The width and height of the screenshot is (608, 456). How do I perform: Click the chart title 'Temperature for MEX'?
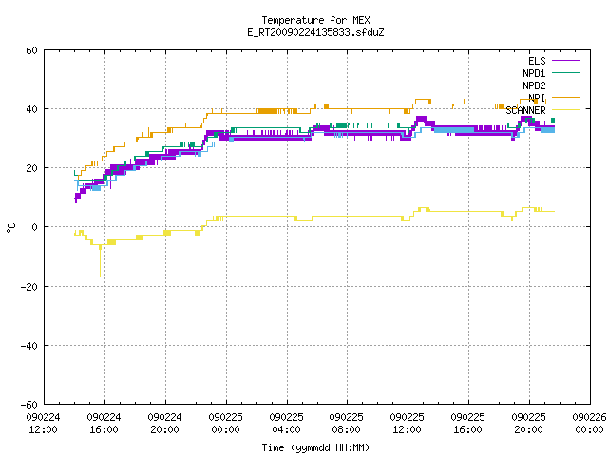pyautogui.click(x=315, y=20)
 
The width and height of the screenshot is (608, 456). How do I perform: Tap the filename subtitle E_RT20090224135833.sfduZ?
pyautogui.click(x=315, y=32)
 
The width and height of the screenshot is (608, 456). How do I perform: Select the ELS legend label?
pyautogui.click(x=537, y=61)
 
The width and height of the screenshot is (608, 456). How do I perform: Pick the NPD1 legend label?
pyautogui.click(x=534, y=73)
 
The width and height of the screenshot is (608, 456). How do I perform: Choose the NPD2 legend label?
pyautogui.click(x=534, y=85)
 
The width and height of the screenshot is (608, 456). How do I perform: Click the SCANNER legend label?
pyautogui.click(x=525, y=110)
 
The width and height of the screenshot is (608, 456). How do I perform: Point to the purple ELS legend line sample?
pyautogui.click(x=566, y=61)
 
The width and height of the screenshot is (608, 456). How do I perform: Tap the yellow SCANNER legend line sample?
pyautogui.click(x=566, y=110)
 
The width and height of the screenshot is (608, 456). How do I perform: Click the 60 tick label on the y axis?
pyautogui.click(x=31, y=50)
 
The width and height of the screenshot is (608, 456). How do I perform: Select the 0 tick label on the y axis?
pyautogui.click(x=35, y=227)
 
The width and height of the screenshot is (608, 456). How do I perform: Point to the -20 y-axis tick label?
pyautogui.click(x=29, y=287)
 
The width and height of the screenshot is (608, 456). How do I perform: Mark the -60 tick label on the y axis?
pyautogui.click(x=29, y=405)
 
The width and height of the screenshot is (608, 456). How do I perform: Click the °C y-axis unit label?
pyautogui.click(x=10, y=228)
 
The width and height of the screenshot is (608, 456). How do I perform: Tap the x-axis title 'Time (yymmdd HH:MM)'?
pyautogui.click(x=315, y=447)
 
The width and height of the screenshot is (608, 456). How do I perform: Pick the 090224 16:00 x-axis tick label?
pyautogui.click(x=104, y=424)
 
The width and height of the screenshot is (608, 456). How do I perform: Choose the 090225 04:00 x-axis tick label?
pyautogui.click(x=287, y=424)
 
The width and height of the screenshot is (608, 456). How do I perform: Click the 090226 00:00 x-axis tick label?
pyautogui.click(x=589, y=424)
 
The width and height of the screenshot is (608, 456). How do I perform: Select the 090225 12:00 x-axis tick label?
pyautogui.click(x=408, y=424)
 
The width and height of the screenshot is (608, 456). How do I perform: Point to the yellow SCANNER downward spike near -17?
pyautogui.click(x=100, y=261)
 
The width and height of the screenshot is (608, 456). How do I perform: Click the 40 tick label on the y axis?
pyautogui.click(x=31, y=109)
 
